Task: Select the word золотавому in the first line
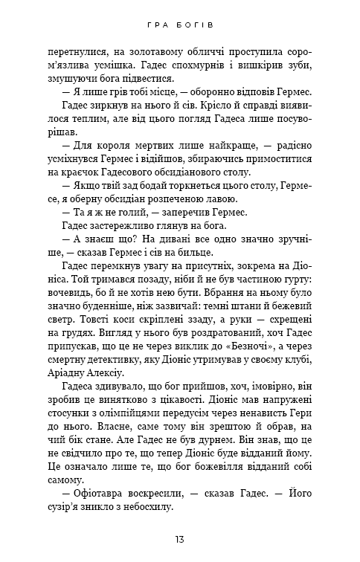[x=135, y=52]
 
